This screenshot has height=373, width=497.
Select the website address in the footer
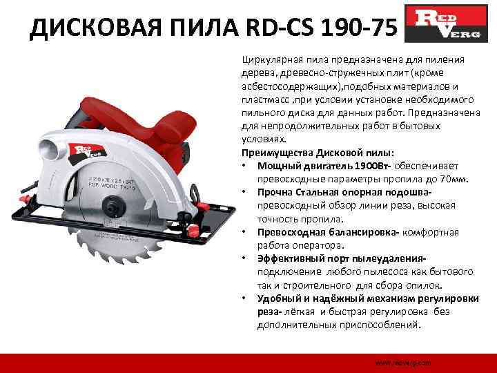pos(403,362)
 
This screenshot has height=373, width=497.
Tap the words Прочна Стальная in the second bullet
pos(299,192)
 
